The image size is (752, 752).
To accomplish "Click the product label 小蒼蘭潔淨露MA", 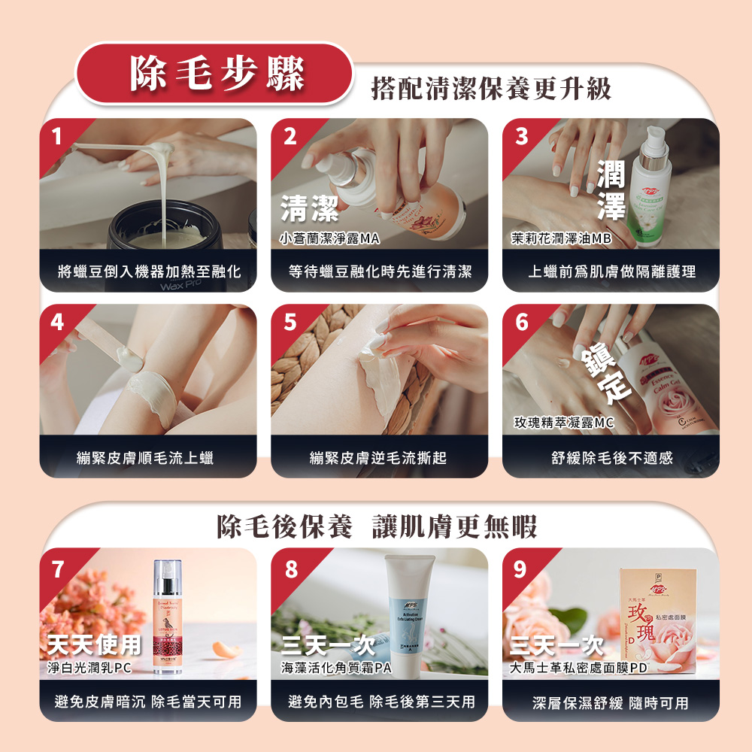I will pos(329,238).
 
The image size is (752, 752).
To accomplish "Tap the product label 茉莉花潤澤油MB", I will pos(560,238).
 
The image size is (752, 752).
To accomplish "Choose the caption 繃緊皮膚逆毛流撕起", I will pos(378,456).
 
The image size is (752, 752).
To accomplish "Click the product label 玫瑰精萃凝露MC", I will pos(564,423).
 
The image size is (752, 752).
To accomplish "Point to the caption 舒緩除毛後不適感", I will pos(611,456).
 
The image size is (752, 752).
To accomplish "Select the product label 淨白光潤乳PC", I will pos(89,667).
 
